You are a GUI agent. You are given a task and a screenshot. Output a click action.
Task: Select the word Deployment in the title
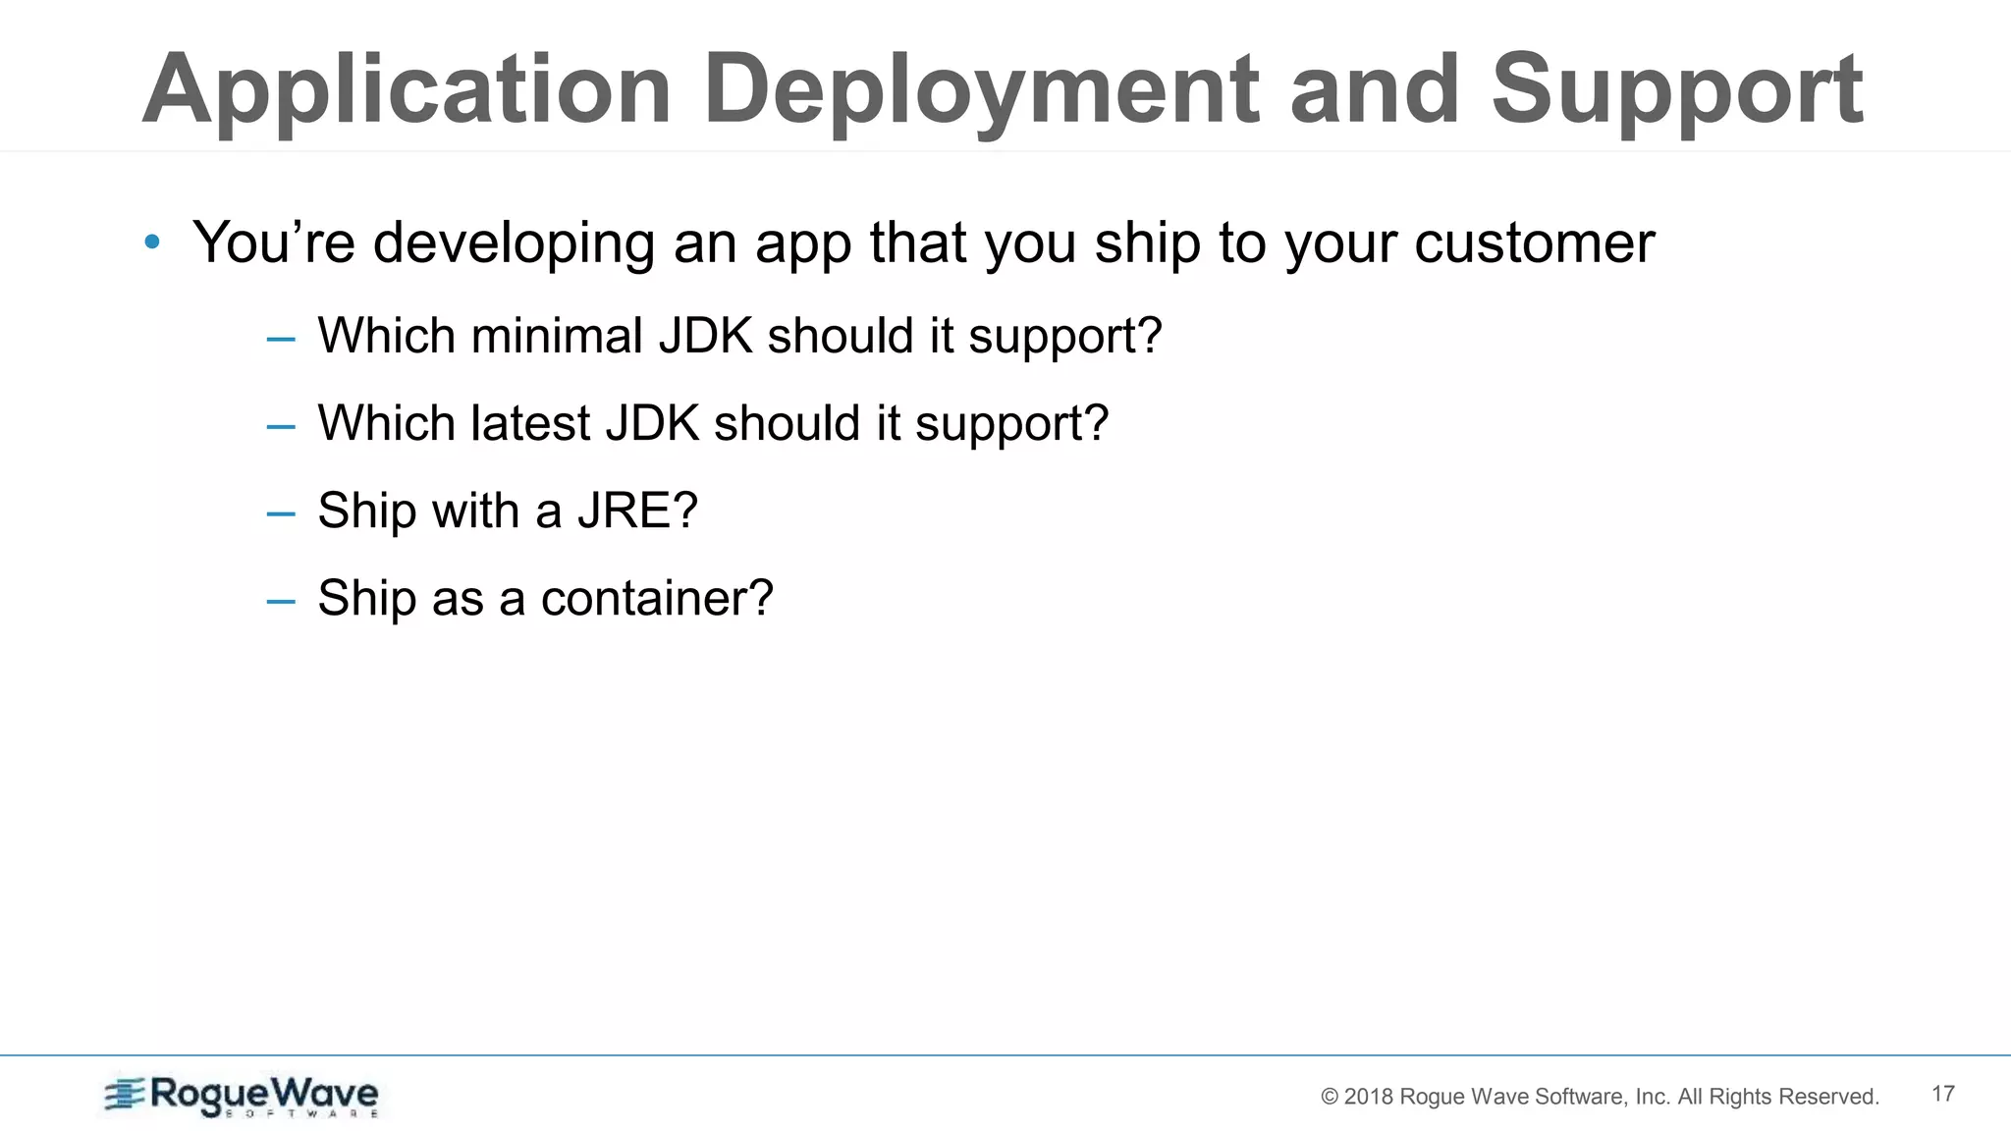pyautogui.click(x=981, y=91)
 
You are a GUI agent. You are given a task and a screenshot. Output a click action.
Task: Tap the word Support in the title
pyautogui.click(x=1676, y=91)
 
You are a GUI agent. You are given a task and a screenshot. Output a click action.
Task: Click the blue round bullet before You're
pyautogui.click(x=151, y=242)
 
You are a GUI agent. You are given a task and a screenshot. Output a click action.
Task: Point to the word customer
pyautogui.click(x=1534, y=242)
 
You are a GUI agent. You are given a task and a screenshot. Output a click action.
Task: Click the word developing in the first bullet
pyautogui.click(x=514, y=243)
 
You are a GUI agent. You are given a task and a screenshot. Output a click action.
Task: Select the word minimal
pyautogui.click(x=557, y=336)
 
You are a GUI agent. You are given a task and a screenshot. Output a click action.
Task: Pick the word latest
pyautogui.click(x=530, y=423)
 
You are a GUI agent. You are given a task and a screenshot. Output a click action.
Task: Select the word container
pyautogui.click(x=656, y=598)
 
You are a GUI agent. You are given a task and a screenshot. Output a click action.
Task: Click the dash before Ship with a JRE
pyautogui.click(x=281, y=513)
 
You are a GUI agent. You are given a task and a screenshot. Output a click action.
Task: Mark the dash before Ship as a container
pyautogui.click(x=281, y=601)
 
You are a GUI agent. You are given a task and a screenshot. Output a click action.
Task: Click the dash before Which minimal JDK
pyautogui.click(x=281, y=339)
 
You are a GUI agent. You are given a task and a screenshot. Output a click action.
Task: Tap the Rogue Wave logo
pyautogui.click(x=242, y=1096)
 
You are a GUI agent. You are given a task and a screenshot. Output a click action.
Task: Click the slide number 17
pyautogui.click(x=1942, y=1094)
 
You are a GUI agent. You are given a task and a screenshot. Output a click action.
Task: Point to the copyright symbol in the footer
pyautogui.click(x=1330, y=1097)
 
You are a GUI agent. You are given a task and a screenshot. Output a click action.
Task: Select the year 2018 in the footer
pyautogui.click(x=1368, y=1097)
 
